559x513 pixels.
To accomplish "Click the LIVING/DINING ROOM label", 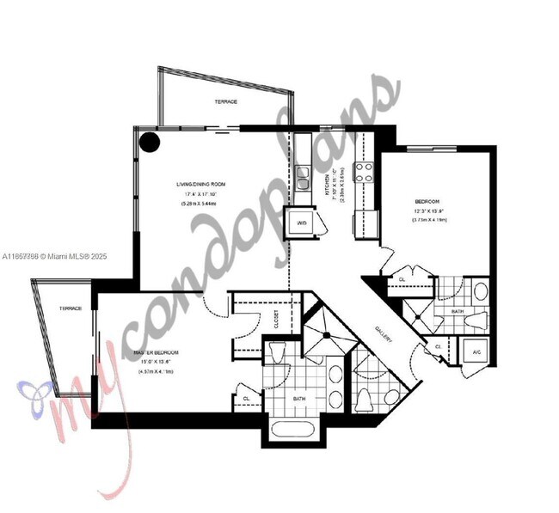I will click(200, 183).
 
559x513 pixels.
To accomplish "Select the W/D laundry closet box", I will click(302, 222).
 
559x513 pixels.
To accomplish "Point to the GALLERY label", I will click(384, 333).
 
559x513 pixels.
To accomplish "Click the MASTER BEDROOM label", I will click(155, 353).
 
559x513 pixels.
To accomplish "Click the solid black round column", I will click(150, 142).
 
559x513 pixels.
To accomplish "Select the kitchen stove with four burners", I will click(364, 170).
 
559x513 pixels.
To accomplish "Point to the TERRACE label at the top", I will click(225, 102).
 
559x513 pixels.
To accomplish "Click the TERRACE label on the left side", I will click(71, 308).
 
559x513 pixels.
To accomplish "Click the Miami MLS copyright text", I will click(54, 256).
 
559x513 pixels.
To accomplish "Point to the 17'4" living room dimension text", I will click(200, 194).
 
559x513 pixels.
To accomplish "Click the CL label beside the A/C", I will click(438, 347).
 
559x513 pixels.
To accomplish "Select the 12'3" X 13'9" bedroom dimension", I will click(428, 211).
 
